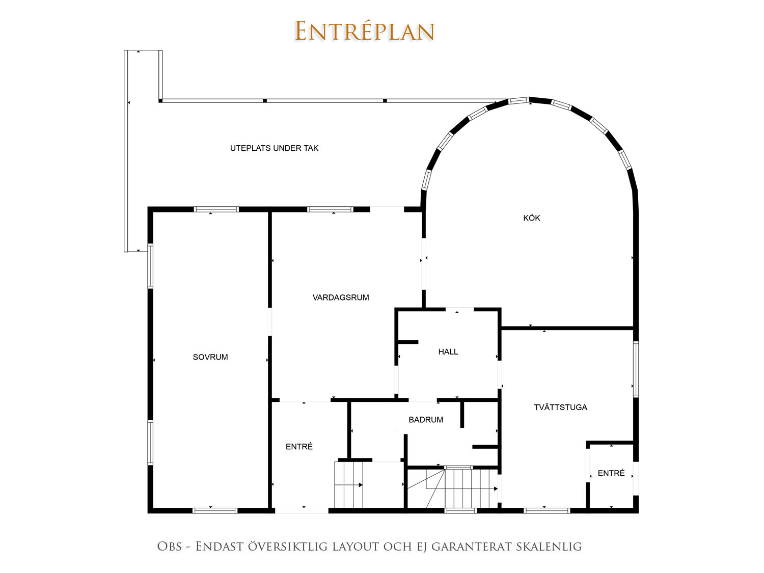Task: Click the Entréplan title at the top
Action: point(364,31)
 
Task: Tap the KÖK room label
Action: point(532,218)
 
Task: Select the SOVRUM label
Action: point(210,357)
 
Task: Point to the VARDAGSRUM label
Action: point(341,297)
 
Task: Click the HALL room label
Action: point(448,352)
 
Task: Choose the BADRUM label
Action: point(426,420)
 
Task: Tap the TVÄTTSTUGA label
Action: point(560,407)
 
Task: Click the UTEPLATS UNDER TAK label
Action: point(274,148)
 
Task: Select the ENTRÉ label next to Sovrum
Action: point(299,446)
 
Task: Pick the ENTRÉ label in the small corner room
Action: point(611,473)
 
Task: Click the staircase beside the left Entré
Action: point(349,485)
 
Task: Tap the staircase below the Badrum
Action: point(453,488)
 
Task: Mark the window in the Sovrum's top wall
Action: point(216,209)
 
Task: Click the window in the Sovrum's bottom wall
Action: point(215,511)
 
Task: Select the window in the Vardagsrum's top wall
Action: point(331,209)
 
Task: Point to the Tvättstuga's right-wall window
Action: point(636,369)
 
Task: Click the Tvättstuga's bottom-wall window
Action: point(547,511)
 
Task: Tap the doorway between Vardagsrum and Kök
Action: point(424,264)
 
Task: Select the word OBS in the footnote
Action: point(170,546)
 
